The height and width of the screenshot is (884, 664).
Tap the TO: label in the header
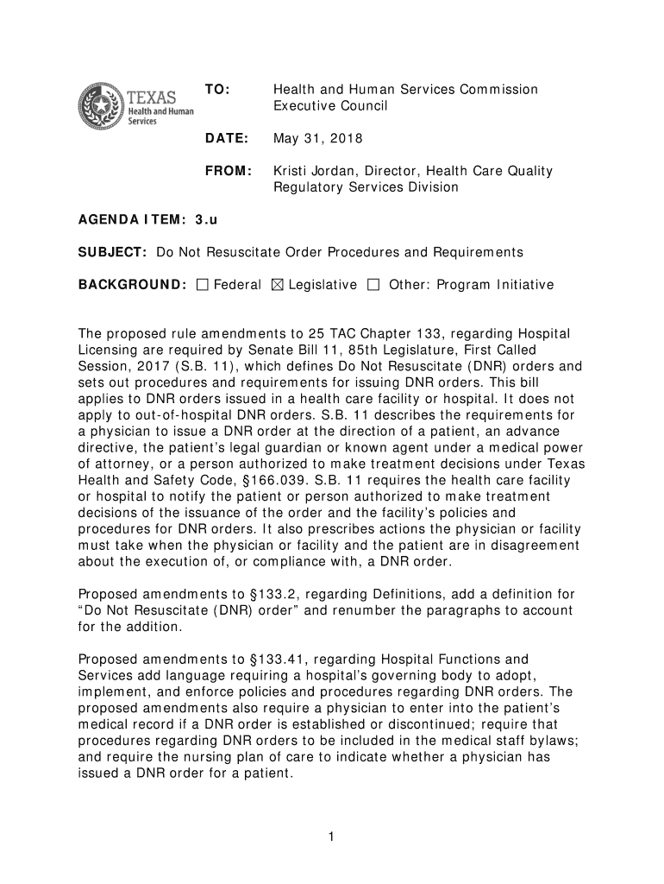point(215,90)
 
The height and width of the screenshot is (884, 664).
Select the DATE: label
point(225,139)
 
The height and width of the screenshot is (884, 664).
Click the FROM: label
point(228,171)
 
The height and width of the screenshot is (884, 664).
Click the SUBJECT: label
point(113,252)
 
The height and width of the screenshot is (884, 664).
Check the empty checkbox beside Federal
point(203,285)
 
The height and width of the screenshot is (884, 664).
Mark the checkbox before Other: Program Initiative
point(373,285)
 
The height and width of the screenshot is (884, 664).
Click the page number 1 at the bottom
point(331,837)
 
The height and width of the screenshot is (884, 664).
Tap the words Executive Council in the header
point(331,106)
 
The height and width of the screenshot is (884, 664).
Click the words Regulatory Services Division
point(366,187)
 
